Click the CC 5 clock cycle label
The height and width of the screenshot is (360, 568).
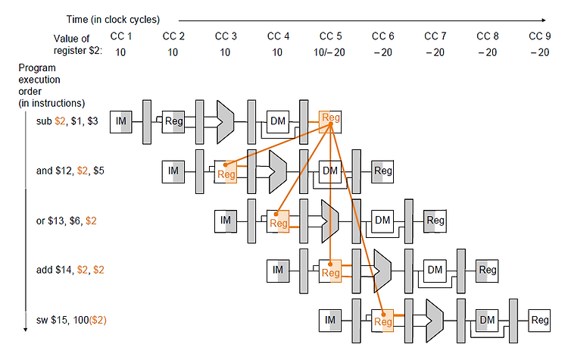point(330,36)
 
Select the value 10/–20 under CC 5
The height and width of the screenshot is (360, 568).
point(329,52)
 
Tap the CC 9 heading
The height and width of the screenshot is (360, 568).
point(540,36)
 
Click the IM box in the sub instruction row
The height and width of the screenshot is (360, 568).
point(121,122)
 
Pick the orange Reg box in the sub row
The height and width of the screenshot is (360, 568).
point(330,122)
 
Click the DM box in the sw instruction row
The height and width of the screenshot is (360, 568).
point(487,320)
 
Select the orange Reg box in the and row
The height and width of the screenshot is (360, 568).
point(226,171)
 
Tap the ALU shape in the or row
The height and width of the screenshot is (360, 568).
point(329,221)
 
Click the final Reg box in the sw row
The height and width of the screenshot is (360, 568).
point(539,320)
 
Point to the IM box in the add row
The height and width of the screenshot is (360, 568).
point(278,271)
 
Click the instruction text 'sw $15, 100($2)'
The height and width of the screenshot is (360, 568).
point(71,320)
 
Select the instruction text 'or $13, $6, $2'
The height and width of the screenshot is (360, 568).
point(67,221)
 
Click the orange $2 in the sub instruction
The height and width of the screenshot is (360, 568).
point(60,121)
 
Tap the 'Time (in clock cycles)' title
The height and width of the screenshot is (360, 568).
point(113,20)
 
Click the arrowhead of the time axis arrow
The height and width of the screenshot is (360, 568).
point(543,20)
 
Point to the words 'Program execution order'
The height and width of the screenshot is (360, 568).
point(39,80)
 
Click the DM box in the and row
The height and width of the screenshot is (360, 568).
point(330,171)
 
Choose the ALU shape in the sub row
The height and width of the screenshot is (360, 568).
point(226,122)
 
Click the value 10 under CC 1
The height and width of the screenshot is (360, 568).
point(120,52)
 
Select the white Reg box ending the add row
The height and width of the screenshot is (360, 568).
point(487,271)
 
